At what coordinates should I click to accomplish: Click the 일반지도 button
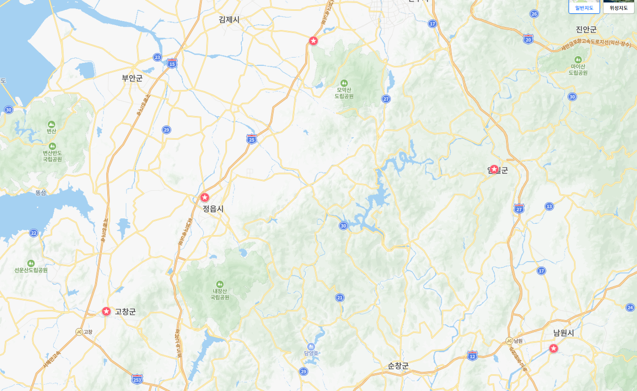584,7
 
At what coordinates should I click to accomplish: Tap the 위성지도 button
619,7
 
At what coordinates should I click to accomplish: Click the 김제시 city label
229,20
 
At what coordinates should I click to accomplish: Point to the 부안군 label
132,78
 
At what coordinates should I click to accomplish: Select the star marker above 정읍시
205,197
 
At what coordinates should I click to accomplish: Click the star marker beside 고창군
106,311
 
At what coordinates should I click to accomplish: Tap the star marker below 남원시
553,348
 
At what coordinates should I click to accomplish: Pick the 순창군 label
398,366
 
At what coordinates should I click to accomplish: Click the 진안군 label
586,30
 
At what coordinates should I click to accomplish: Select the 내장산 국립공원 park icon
220,284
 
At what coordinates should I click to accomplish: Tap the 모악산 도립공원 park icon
344,83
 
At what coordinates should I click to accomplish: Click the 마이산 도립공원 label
578,69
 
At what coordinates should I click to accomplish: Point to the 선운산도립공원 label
31,270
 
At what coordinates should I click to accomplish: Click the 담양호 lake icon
311,346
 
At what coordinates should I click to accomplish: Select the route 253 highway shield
137,379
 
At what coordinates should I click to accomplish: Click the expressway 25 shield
252,139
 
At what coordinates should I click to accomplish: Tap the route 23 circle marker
157,57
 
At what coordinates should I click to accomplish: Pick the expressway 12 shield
472,356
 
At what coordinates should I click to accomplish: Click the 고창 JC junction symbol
79,332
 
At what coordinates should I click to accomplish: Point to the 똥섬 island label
40,193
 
